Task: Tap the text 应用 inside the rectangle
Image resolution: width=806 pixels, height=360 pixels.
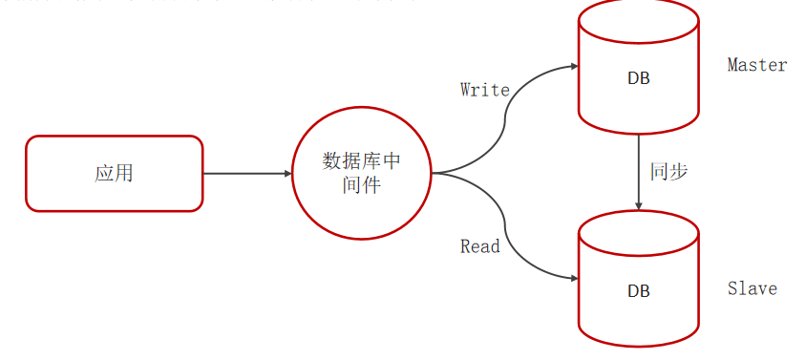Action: (114, 174)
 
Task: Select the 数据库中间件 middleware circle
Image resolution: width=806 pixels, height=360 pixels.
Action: (361, 174)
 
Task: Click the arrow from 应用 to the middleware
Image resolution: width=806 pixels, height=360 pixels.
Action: (246, 174)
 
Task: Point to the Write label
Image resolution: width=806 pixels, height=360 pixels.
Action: (484, 90)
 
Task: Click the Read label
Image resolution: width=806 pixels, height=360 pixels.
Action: (479, 246)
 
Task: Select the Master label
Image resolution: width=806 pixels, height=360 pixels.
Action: (756, 65)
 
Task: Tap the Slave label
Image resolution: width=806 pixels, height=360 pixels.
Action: (752, 288)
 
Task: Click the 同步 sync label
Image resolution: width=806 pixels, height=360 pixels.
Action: (668, 173)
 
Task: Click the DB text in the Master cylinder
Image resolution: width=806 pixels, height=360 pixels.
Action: (638, 78)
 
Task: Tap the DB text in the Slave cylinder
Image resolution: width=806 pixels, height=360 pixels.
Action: (638, 290)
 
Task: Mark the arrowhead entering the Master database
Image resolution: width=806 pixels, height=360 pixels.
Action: (574, 67)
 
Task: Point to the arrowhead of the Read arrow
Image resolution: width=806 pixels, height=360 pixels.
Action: (574, 279)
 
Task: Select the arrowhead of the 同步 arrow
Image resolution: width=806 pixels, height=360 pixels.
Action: (638, 204)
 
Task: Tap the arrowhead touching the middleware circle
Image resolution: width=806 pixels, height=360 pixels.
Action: (286, 174)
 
